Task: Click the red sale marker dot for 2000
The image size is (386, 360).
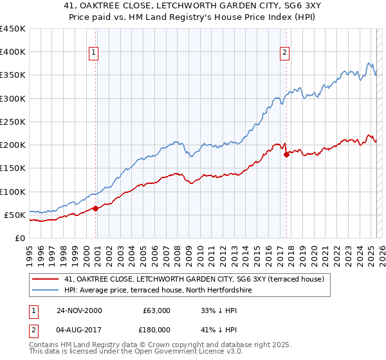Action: (x=96, y=208)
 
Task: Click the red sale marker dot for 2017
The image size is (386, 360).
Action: (x=286, y=154)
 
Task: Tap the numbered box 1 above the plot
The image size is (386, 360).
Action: (x=94, y=53)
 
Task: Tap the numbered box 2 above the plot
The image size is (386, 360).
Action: (x=284, y=53)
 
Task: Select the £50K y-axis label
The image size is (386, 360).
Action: (x=15, y=215)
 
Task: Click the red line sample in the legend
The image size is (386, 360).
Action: (x=45, y=279)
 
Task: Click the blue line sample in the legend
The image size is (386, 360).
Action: (x=45, y=291)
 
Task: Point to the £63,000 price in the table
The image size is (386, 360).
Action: (x=156, y=310)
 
